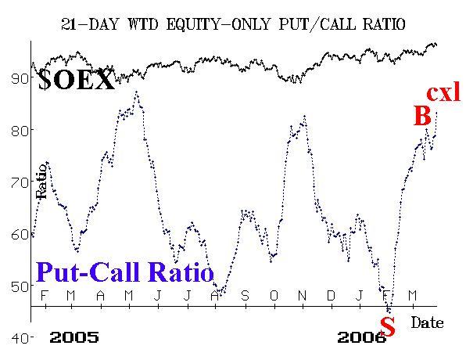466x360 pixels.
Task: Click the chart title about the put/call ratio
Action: click(x=233, y=24)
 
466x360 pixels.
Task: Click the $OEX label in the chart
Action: click(x=77, y=80)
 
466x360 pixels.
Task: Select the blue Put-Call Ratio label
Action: click(x=125, y=272)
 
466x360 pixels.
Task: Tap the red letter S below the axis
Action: click(x=388, y=326)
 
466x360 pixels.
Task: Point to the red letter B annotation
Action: click(x=423, y=116)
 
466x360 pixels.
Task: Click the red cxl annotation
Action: click(x=443, y=92)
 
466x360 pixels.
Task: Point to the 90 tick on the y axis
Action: click(x=20, y=78)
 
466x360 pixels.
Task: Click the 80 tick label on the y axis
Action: click(x=20, y=131)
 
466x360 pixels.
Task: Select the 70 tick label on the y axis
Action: click(x=20, y=182)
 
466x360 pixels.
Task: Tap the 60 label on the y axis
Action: click(x=20, y=234)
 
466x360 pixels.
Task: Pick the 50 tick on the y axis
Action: click(x=20, y=286)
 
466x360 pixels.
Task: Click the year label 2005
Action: click(x=74, y=337)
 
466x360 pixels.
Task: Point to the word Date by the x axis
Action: click(x=427, y=322)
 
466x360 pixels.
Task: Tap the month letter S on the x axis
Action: click(x=245, y=296)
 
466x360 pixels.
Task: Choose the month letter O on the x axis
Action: click(x=274, y=296)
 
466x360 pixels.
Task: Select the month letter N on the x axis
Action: click(x=302, y=296)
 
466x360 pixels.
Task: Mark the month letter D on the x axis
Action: click(x=331, y=296)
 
